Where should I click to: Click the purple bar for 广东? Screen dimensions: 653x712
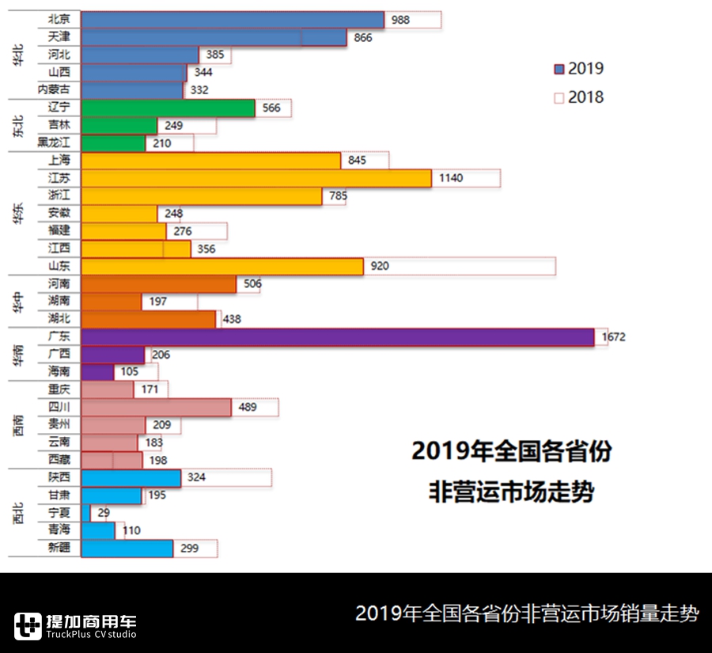click(x=337, y=337)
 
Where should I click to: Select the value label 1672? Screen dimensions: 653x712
click(x=613, y=337)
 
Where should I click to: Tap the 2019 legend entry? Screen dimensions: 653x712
click(x=579, y=69)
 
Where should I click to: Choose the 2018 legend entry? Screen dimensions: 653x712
click(x=579, y=97)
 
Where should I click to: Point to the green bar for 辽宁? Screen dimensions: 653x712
click(x=168, y=108)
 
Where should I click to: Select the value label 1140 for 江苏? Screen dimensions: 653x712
click(x=451, y=178)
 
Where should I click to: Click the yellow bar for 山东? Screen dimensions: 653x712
click(x=222, y=267)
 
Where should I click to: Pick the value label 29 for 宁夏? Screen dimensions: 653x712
click(x=104, y=513)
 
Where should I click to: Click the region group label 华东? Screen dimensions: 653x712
click(x=18, y=214)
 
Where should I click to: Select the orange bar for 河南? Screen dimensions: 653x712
click(x=158, y=284)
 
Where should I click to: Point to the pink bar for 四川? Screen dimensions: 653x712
click(x=156, y=407)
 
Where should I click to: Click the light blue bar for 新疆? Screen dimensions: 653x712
click(x=127, y=549)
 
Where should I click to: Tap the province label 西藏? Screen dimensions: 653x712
click(x=59, y=460)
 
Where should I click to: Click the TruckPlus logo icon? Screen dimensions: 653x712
click(x=28, y=626)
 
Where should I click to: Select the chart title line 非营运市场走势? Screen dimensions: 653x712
click(x=511, y=492)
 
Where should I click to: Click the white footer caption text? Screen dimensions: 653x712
click(x=527, y=613)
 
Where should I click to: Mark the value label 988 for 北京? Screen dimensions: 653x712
click(x=400, y=20)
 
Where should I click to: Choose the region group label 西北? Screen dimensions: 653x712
click(x=18, y=513)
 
